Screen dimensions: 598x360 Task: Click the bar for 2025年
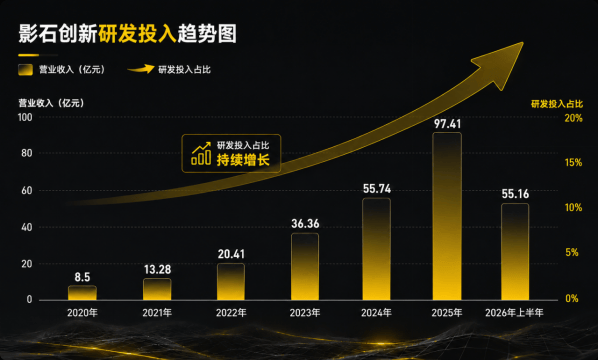tap(447, 216)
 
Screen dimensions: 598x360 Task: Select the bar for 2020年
tap(82, 292)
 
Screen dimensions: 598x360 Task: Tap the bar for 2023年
tap(305, 267)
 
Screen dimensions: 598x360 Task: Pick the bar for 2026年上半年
tap(515, 252)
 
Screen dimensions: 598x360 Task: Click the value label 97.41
tap(447, 124)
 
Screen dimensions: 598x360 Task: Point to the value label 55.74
tap(377, 189)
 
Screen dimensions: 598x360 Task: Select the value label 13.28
tap(158, 270)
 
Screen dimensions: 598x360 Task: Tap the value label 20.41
tap(231, 254)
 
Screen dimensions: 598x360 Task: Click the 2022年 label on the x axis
tap(231, 313)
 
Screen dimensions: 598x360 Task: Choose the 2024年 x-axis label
tap(376, 313)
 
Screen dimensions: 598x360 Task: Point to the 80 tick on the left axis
tap(27, 153)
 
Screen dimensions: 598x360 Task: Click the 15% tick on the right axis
tap(573, 163)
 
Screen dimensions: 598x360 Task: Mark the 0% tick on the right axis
tap(572, 299)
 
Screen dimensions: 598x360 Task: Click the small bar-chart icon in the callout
tap(201, 154)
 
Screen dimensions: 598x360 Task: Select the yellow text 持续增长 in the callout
tap(243, 160)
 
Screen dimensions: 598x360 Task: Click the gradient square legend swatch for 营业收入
tap(25, 69)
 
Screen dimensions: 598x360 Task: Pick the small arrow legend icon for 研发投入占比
tap(141, 69)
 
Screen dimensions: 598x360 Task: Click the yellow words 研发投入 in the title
tap(137, 34)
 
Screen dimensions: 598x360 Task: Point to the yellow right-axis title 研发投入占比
tap(557, 104)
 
